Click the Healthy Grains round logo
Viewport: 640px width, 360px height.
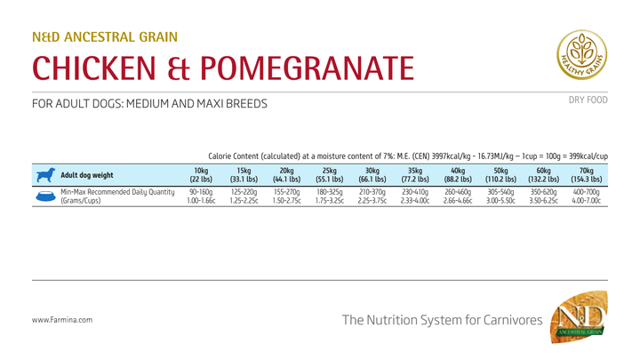582,56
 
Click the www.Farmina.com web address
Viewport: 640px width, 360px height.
61,319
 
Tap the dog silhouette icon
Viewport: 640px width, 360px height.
45,174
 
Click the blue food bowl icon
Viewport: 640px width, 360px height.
45,196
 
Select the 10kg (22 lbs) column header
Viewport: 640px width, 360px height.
201,174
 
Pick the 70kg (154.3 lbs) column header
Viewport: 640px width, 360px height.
587,174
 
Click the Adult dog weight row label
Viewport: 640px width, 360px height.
86,175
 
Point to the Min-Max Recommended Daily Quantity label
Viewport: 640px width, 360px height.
117,192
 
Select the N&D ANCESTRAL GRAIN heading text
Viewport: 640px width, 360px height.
105,37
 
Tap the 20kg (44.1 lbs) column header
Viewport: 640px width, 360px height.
286,174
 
